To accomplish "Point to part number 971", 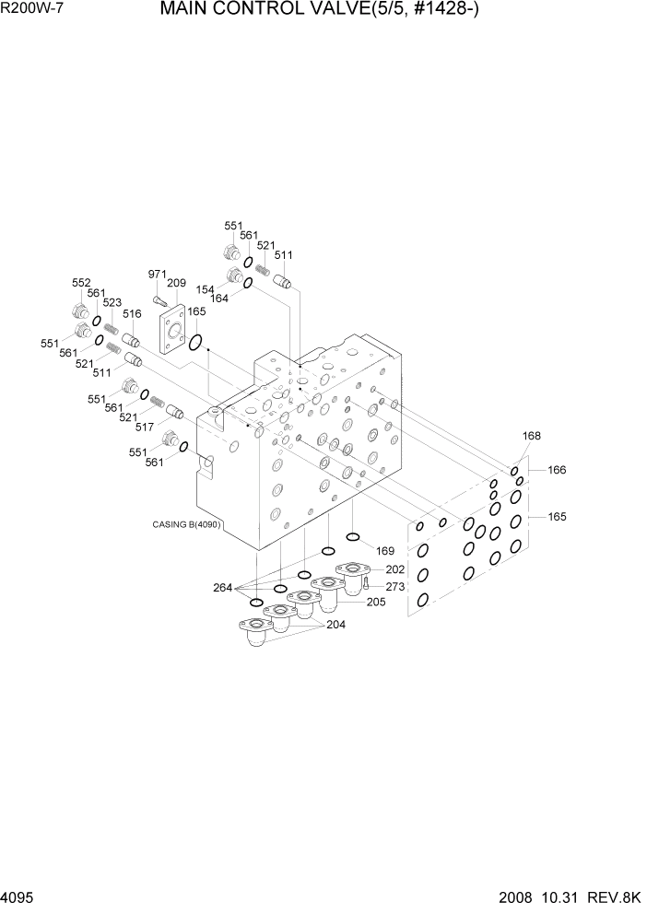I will tap(159, 275).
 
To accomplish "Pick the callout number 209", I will tap(177, 284).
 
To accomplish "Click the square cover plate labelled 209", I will tap(172, 331).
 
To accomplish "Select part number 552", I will tap(81, 283).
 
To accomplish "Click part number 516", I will tap(131, 314).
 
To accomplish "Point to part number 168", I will tap(532, 437).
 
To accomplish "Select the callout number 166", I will tap(557, 470).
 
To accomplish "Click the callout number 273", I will tap(394, 586).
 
